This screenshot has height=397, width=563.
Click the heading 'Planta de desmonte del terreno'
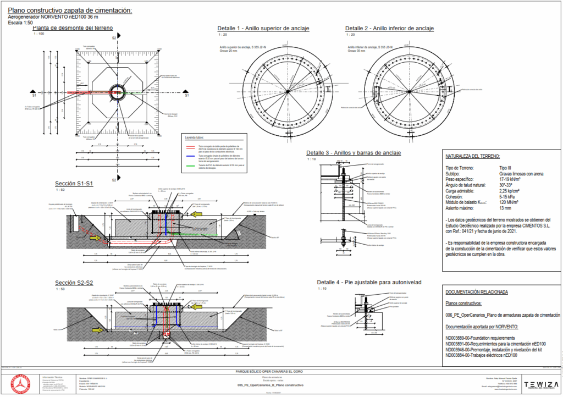tap(73, 27)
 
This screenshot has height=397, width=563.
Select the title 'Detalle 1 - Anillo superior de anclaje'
tap(263, 28)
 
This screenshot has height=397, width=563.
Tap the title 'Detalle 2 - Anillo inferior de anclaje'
tap(390, 28)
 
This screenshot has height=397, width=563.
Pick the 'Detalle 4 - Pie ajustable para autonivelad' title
tap(369, 282)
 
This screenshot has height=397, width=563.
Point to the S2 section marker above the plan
tap(114, 38)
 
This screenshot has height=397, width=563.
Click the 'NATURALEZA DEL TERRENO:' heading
tap(473, 157)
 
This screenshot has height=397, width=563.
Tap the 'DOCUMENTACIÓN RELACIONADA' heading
tap(477, 292)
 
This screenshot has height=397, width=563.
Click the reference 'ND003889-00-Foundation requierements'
tap(479, 338)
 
